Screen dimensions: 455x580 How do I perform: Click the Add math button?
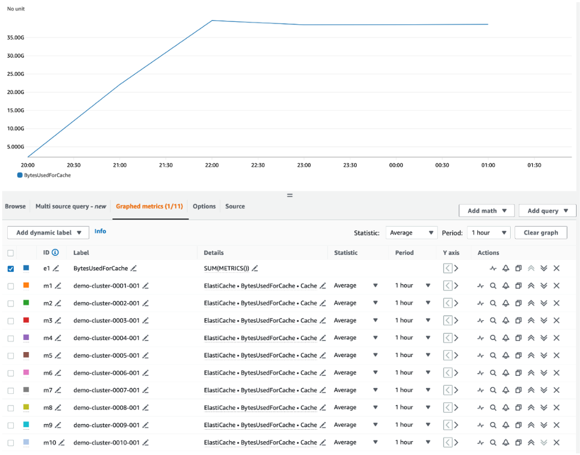pyautogui.click(x=487, y=211)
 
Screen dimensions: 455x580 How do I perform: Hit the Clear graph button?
pyautogui.click(x=540, y=233)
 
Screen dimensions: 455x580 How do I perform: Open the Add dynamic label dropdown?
pyautogui.click(x=48, y=233)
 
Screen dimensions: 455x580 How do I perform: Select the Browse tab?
pyautogui.click(x=15, y=206)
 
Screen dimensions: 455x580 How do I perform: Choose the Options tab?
pyautogui.click(x=204, y=206)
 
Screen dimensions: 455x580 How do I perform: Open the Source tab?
pyautogui.click(x=235, y=206)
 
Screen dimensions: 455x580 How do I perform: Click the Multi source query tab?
pyautogui.click(x=70, y=206)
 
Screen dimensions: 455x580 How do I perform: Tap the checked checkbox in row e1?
pyautogui.click(x=10, y=268)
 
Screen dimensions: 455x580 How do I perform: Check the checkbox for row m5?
pyautogui.click(x=10, y=355)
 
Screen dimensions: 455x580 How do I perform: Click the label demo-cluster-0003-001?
pyautogui.click(x=106, y=321)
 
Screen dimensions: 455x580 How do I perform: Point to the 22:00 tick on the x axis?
pyautogui.click(x=212, y=165)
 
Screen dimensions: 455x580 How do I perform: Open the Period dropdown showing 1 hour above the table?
pyautogui.click(x=488, y=233)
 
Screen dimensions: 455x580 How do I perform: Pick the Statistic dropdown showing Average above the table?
pyautogui.click(x=411, y=233)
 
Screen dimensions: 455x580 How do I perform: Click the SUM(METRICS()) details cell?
pyautogui.click(x=227, y=268)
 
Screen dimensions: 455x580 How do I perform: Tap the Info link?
pyautogui.click(x=100, y=232)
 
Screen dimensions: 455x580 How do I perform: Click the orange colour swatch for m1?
pyautogui.click(x=26, y=286)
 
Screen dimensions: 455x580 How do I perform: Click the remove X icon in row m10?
pyautogui.click(x=556, y=442)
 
